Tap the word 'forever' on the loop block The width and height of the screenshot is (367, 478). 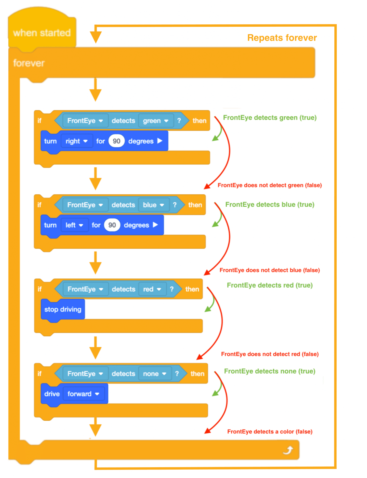[x=29, y=63]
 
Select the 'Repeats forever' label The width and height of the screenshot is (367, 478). [x=282, y=38]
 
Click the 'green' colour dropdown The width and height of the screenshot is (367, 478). [x=156, y=121]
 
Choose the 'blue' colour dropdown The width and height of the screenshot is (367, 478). [x=154, y=205]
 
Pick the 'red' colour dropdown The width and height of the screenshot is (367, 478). [x=152, y=289]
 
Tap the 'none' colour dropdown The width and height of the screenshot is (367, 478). [x=155, y=373]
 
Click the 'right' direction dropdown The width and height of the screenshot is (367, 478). [x=77, y=141]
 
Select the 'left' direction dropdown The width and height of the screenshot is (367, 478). [x=75, y=225]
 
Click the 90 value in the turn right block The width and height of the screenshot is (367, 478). [x=116, y=141]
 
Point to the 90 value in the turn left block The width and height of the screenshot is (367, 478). [x=112, y=225]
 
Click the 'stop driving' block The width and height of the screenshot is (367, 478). [x=63, y=310]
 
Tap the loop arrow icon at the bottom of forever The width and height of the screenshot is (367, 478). [x=288, y=450]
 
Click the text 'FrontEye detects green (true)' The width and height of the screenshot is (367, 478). [x=270, y=118]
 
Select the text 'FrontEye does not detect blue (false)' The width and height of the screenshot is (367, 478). [x=269, y=270]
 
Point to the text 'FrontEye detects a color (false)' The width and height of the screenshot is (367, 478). [x=270, y=431]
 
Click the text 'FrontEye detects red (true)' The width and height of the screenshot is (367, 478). [x=270, y=285]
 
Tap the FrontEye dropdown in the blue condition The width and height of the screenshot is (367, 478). [x=85, y=205]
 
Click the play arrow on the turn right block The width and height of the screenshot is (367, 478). [x=160, y=141]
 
